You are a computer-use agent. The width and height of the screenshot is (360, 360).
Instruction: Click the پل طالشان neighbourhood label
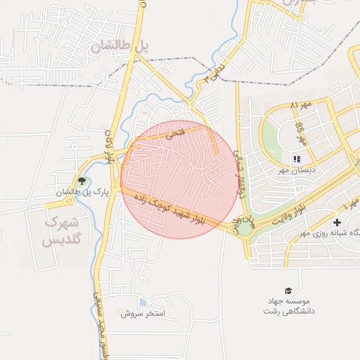120,46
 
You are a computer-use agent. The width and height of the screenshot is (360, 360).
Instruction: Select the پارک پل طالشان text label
82,192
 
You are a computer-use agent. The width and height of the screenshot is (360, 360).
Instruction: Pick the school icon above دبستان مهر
297,159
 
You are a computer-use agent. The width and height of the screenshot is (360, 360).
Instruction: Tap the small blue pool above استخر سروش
143,302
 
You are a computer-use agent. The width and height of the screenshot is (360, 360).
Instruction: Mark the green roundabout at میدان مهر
244,227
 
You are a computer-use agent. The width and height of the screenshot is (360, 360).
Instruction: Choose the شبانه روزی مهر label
330,233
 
